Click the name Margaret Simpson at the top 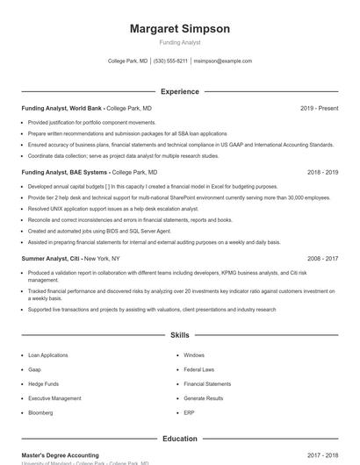pos(180,29)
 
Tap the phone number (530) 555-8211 pos(170,61)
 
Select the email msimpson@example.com pos(222,61)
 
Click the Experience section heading pos(180,91)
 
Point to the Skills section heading pos(180,335)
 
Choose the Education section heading pos(180,439)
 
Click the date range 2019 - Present pos(319,108)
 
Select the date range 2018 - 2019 pos(322,173)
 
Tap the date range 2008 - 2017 pos(322,259)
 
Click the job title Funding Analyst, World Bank pos(61,108)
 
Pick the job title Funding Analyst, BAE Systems pos(65,173)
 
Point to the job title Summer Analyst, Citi pos(52,259)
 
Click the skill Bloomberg pos(40,412)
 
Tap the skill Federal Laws pos(199,369)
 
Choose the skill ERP pos(189,412)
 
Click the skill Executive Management pos(54,398)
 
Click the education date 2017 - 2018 pos(322,455)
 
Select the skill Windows pos(194,355)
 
